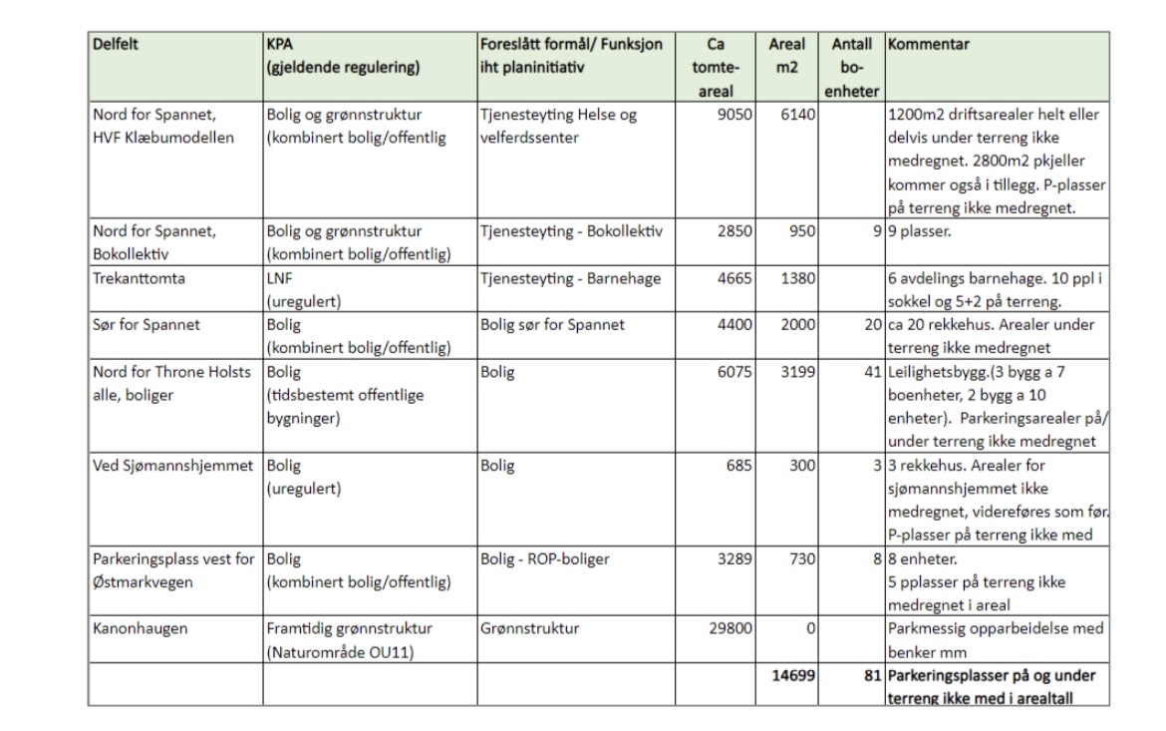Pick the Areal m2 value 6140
pos(798,115)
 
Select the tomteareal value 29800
pos(729,629)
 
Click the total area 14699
pos(793,675)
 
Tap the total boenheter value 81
pos(872,675)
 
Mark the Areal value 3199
pos(798,372)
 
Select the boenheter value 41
pos(873,372)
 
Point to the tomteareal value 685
pos(742,466)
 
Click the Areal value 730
pos(803,559)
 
